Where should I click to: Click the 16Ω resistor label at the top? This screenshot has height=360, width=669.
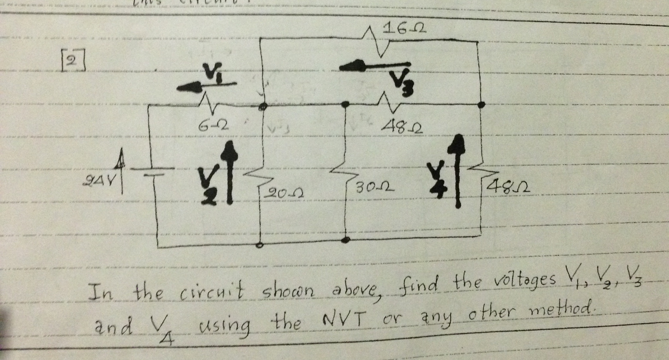pos(404,28)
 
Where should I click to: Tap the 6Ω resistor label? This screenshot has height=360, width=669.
pos(213,126)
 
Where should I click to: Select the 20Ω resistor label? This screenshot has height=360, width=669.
pos(283,193)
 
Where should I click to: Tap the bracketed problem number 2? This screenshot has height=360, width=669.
pos(73,61)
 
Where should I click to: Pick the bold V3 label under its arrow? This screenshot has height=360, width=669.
pos(402,83)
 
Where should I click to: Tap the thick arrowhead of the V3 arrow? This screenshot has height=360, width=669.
pos(353,67)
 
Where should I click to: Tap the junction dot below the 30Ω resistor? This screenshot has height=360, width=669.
pos(346,240)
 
